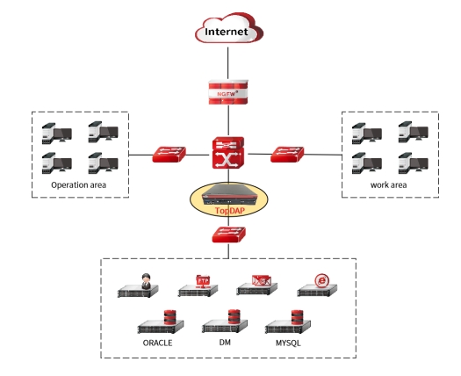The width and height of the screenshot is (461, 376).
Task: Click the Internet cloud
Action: tap(229, 29)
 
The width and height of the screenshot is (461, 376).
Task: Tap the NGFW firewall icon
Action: tap(228, 92)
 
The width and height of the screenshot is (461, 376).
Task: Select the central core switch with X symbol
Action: tap(228, 152)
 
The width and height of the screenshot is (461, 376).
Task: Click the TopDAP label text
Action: tap(229, 211)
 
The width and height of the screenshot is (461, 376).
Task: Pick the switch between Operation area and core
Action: tap(169, 154)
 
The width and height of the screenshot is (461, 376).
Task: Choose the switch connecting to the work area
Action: tap(287, 154)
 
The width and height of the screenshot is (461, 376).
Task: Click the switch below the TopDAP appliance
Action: tap(228, 235)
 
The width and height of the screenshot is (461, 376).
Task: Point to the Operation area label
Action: tap(78, 185)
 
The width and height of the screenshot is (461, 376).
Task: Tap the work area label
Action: tap(388, 185)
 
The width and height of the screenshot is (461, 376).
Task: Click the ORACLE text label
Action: tap(157, 343)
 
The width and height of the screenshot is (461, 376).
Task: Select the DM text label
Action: tap(225, 343)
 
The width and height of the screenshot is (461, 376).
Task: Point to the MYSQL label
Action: tap(288, 343)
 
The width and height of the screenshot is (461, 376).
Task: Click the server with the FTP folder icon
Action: tap(198, 286)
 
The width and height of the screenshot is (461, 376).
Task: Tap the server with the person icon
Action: tap(138, 286)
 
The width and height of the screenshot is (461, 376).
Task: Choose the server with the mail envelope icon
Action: tap(257, 286)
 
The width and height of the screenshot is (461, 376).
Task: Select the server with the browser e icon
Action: tap(317, 286)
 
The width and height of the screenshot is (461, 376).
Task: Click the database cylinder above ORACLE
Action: tap(169, 317)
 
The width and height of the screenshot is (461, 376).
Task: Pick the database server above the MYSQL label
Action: tap(288, 322)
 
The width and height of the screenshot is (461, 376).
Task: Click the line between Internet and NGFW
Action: tap(227, 63)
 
